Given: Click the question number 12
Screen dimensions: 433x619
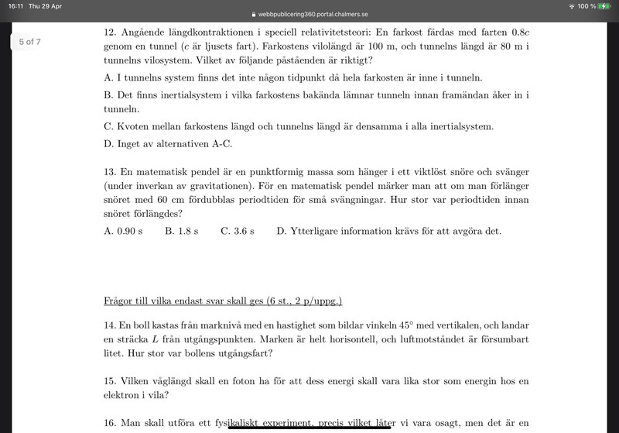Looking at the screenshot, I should pos(109,34).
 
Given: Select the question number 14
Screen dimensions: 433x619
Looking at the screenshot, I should pos(109,325).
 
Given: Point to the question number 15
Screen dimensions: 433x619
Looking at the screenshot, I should pos(109,381).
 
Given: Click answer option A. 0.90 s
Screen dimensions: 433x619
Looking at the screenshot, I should pos(123,231).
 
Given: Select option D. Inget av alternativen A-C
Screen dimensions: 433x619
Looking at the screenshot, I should pos(168,143).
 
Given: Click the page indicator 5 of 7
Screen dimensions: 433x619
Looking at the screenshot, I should pos(29,41).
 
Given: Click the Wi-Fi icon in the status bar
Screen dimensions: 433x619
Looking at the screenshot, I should pos(572,6).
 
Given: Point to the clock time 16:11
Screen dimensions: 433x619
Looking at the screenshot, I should pos(14,6).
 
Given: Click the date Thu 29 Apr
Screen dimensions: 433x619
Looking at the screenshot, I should pos(45,6).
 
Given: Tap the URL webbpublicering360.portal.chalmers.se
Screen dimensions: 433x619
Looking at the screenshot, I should pos(313,15).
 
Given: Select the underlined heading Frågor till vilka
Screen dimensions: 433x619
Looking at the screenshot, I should pos(223,301).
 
